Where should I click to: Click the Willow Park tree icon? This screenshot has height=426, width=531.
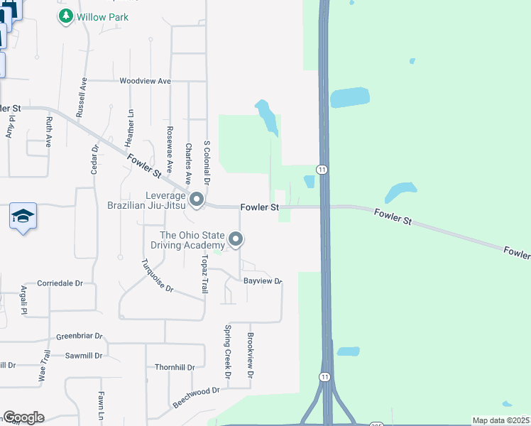click(x=66, y=16)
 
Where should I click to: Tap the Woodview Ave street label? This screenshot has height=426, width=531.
click(x=146, y=81)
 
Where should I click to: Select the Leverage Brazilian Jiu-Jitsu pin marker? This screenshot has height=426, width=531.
click(x=197, y=199)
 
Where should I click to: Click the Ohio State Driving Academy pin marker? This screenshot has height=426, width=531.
click(x=235, y=240)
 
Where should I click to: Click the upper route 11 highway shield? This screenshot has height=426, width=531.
click(x=322, y=169)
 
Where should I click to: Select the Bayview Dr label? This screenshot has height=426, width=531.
click(x=263, y=282)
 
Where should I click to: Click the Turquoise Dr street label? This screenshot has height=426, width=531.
click(x=158, y=275)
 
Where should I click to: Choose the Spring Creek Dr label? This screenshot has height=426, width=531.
click(x=228, y=351)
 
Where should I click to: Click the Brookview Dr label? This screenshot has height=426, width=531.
click(x=250, y=355)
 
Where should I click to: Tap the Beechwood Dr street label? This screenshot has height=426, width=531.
click(x=197, y=397)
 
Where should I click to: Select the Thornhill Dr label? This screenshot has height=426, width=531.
click(x=175, y=367)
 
